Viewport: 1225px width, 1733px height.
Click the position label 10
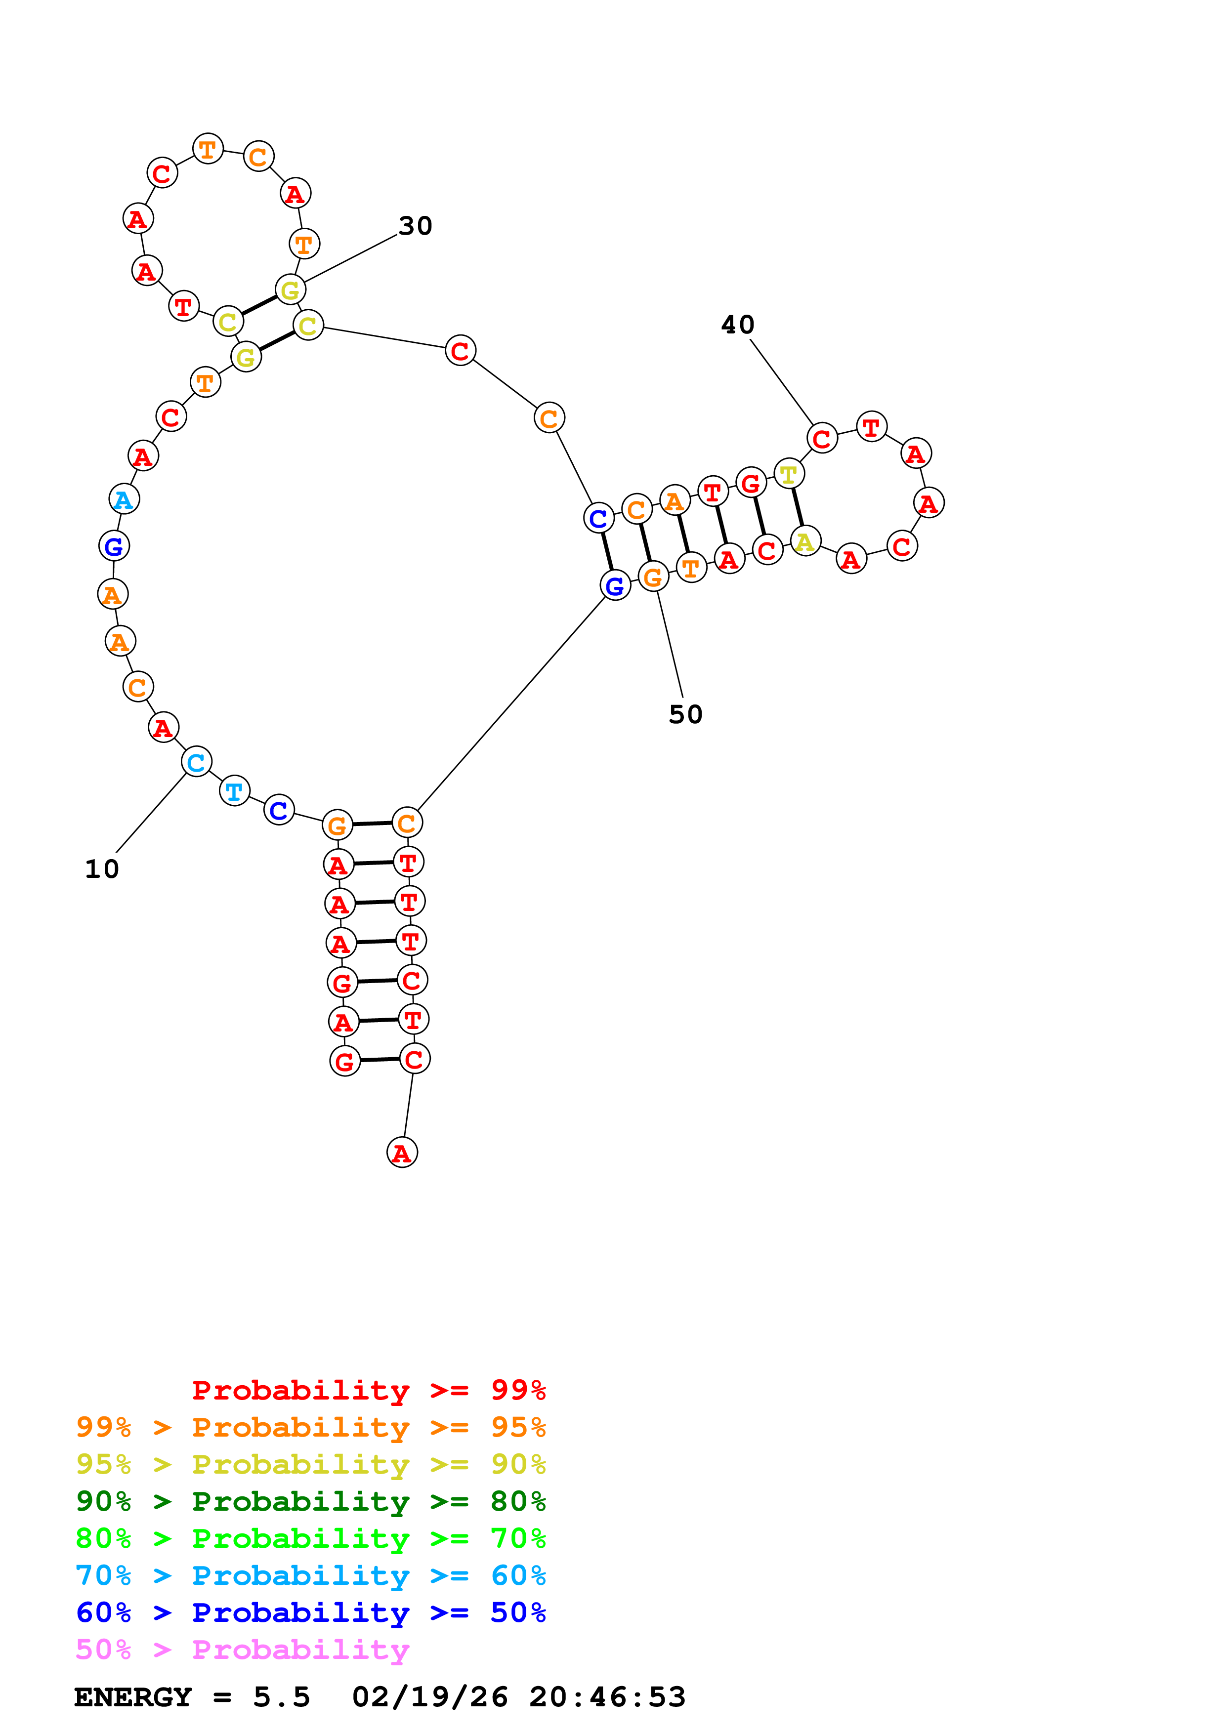click(x=102, y=869)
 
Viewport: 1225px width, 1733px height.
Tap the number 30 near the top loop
click(x=415, y=226)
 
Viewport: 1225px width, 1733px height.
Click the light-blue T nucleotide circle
click(x=235, y=791)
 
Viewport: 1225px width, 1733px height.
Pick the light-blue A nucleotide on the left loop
click(x=124, y=499)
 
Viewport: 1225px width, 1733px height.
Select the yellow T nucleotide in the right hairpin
click(x=789, y=474)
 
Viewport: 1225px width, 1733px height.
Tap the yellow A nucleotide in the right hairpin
click(x=805, y=541)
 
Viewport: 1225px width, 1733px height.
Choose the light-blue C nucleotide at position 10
click(x=196, y=762)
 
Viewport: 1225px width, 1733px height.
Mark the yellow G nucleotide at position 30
click(x=290, y=290)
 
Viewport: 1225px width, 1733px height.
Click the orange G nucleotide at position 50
click(x=653, y=578)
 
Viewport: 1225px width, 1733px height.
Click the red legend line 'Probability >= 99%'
click(x=368, y=1390)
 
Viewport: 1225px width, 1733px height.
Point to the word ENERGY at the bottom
click(x=133, y=1697)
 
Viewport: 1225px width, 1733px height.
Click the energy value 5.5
click(x=281, y=1697)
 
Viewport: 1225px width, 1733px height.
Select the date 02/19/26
click(x=429, y=1697)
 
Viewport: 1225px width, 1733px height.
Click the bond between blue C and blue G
click(x=607, y=552)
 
